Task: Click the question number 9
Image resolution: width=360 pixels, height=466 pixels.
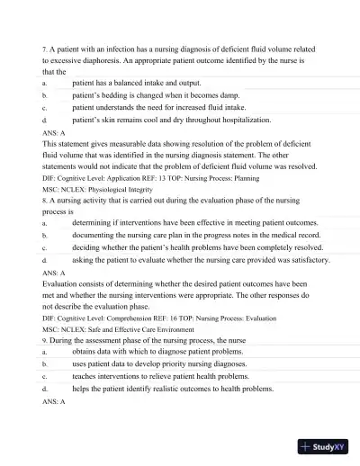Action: [45, 342]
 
